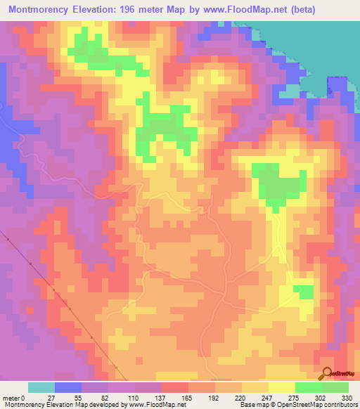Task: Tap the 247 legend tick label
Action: pos(269,397)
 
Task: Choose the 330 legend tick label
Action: pos(349,397)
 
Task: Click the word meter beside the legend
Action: pos(12,397)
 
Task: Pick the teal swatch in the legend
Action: pos(41,387)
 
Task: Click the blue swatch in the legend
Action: pos(68,387)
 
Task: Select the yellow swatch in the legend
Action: pos(282,387)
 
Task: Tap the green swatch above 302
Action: pos(309,387)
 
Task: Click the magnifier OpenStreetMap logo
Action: pos(326,374)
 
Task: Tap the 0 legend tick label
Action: pos(28,397)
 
